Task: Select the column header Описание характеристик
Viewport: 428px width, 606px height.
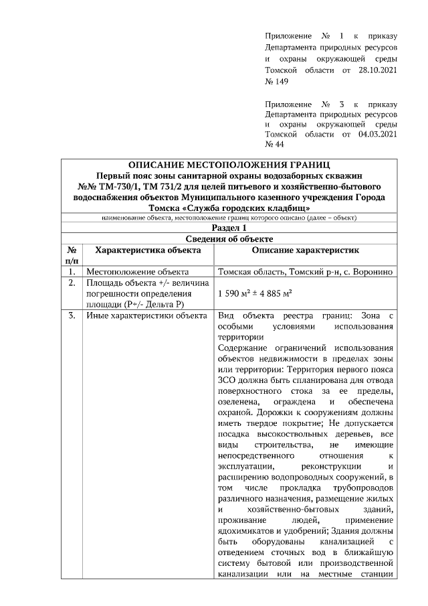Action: point(307,250)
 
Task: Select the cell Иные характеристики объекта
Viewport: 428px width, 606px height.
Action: point(145,315)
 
